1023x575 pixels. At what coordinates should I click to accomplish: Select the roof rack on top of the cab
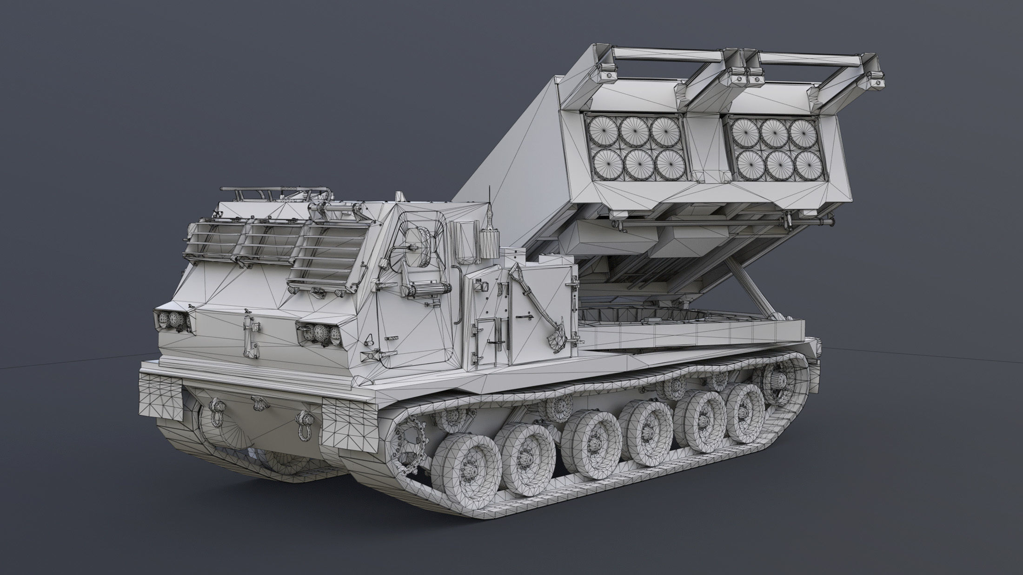[274, 194]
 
